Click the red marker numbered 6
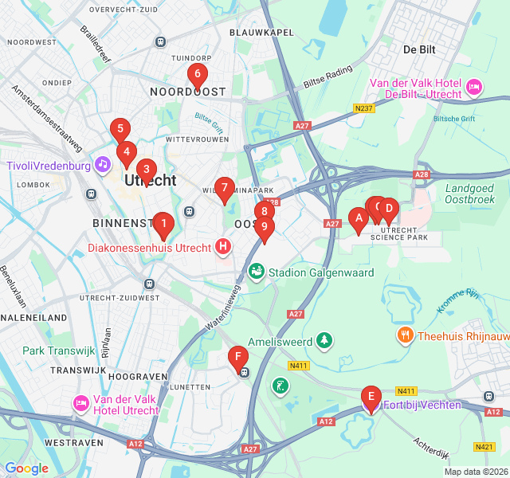197,76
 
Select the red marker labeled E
371,397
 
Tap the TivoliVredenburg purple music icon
102,165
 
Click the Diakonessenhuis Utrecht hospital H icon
223,247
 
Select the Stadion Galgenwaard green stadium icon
257,272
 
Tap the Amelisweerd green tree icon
324,340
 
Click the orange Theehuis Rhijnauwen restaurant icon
406,335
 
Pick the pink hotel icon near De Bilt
474,86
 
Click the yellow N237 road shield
365,108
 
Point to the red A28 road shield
422,174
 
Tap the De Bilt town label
418,49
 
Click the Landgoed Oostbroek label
474,194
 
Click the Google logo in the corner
26,468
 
